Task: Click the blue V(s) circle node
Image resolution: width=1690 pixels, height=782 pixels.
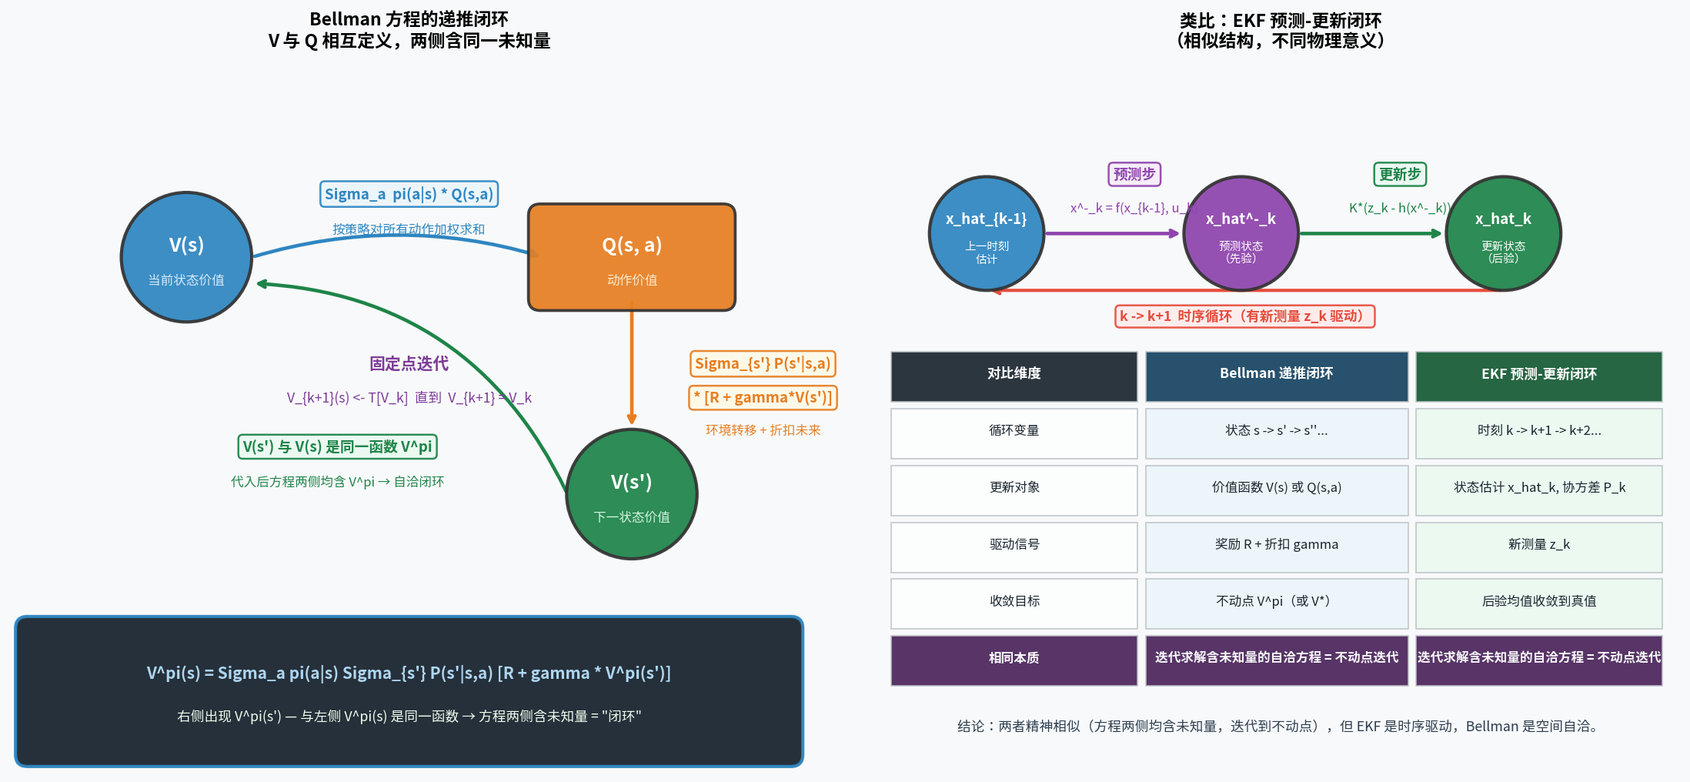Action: click(x=186, y=257)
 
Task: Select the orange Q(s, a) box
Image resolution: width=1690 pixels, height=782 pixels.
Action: click(x=631, y=257)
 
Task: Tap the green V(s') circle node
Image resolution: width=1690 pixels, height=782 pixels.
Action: click(x=631, y=494)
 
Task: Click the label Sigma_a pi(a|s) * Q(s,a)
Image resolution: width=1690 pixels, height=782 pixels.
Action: click(x=409, y=194)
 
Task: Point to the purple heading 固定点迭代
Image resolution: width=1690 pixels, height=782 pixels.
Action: click(x=409, y=363)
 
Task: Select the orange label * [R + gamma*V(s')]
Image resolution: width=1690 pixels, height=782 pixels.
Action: click(x=762, y=397)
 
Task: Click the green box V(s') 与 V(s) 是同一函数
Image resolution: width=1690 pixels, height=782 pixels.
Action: click(x=337, y=446)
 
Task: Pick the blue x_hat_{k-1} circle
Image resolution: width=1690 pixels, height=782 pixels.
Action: click(x=986, y=233)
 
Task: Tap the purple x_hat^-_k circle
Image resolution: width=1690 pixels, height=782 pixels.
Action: click(x=1241, y=233)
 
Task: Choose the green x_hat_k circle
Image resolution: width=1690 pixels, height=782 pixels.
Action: click(x=1503, y=233)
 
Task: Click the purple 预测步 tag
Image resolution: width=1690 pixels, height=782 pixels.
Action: click(x=1134, y=174)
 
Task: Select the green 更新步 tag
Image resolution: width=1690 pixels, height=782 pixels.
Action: click(x=1399, y=174)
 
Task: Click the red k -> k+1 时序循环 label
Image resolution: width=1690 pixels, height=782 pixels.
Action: click(x=1244, y=316)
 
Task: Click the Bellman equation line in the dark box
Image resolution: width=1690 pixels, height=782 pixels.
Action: click(x=409, y=673)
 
